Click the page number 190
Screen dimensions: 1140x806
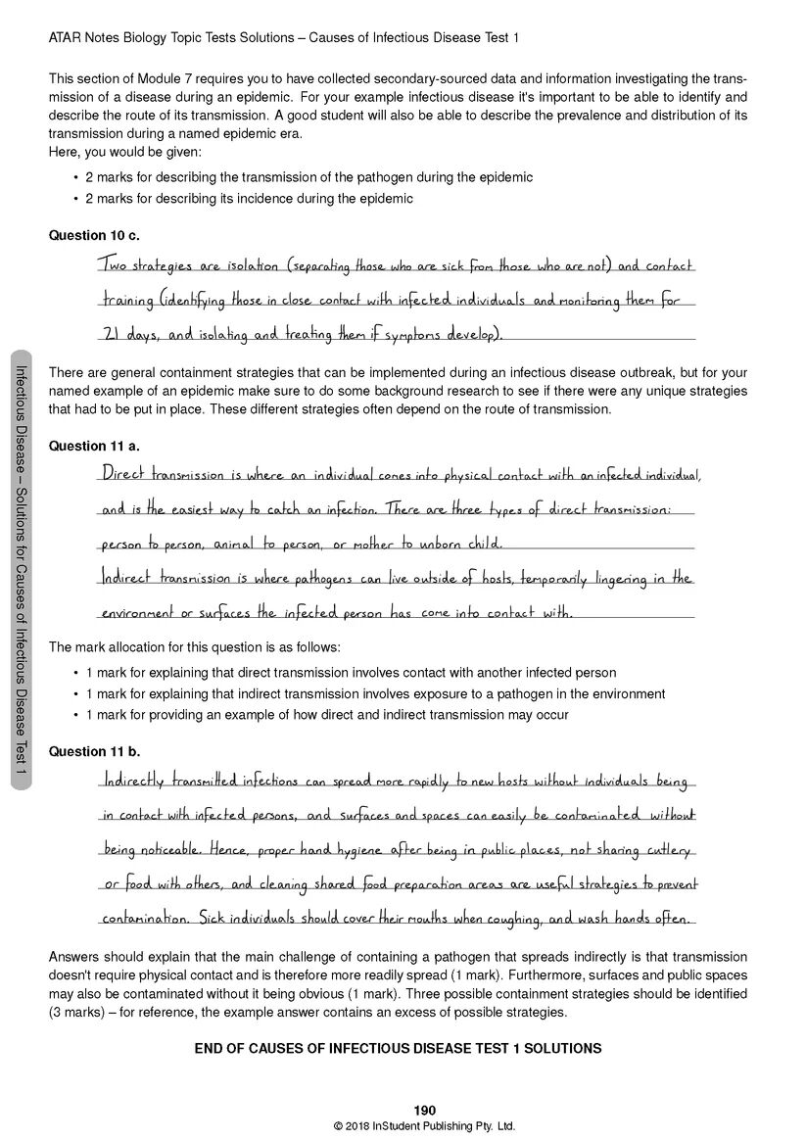tap(424, 1110)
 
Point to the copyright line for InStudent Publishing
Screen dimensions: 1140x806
tap(424, 1126)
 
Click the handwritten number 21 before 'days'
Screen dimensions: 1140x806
tap(111, 334)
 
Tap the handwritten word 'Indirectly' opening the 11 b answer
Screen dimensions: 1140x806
tap(133, 782)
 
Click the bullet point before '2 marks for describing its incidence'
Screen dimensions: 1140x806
tap(75, 199)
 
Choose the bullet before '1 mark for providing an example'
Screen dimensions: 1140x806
tap(75, 715)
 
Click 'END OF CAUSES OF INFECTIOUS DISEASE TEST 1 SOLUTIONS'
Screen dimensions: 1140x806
tap(398, 1048)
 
